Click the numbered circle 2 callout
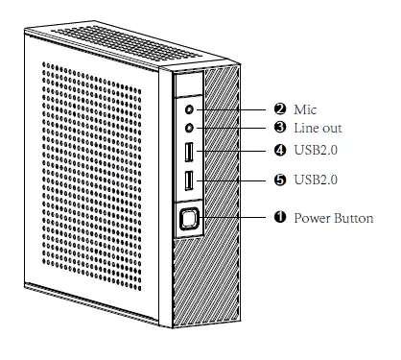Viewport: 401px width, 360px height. pos(281,110)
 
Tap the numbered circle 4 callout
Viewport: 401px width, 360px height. pos(281,152)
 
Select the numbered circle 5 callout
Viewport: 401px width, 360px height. pos(281,180)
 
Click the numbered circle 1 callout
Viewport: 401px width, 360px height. pos(281,219)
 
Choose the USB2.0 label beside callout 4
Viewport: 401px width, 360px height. pos(317,152)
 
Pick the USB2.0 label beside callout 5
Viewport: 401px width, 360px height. pos(317,180)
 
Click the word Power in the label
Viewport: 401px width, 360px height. pos(311,219)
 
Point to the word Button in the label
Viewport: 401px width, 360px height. pos(353,219)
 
